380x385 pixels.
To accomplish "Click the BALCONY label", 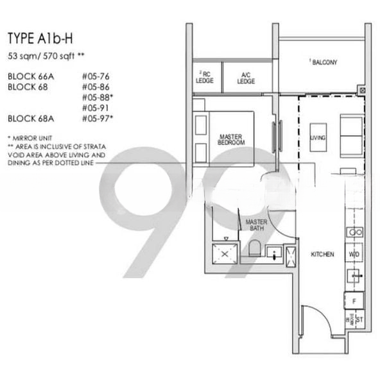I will (324, 62).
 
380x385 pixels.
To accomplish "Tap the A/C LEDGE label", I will (246, 78).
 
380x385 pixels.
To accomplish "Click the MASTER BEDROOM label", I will (230, 139).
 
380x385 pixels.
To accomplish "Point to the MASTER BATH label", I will (256, 225).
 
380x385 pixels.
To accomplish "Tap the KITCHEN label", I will (322, 254).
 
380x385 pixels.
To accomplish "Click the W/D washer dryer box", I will (354, 254).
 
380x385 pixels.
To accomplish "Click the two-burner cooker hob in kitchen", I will (354, 232).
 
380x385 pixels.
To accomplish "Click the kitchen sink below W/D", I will (354, 276).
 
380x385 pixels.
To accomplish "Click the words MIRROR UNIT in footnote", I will (33, 138).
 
